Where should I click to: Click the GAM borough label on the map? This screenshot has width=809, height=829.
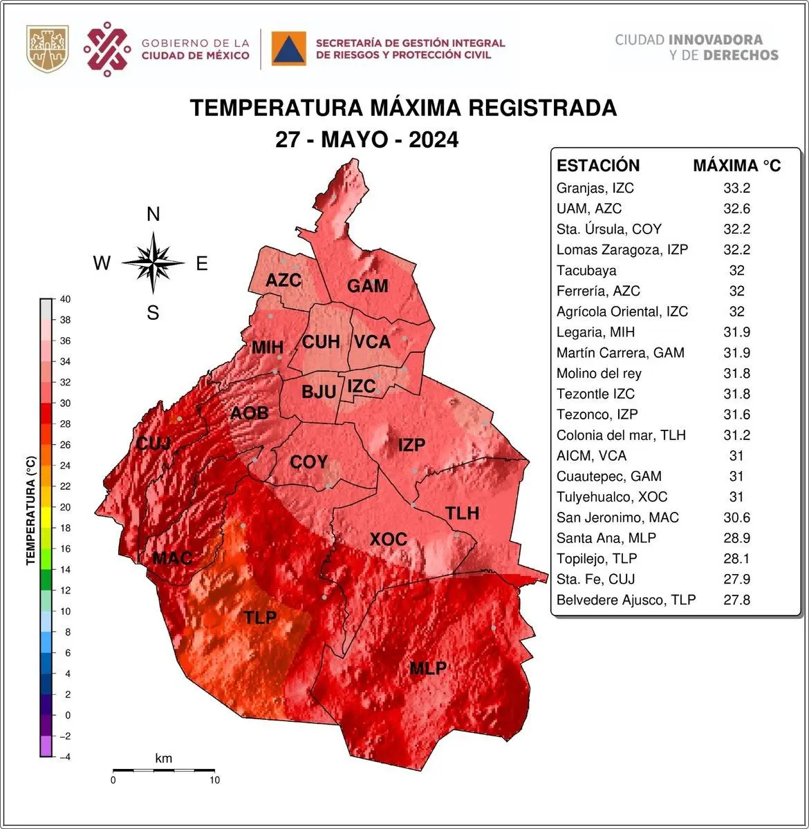(367, 286)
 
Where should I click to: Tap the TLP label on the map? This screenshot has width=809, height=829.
(260, 618)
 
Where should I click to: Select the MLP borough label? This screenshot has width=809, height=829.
(427, 668)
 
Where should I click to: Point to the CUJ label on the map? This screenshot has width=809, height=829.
(153, 443)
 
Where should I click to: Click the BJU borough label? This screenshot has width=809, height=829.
(319, 392)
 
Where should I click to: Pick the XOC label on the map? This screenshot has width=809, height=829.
(388, 539)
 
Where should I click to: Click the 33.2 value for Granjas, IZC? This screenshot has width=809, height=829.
(736, 188)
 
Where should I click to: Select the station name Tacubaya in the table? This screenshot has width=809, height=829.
(586, 270)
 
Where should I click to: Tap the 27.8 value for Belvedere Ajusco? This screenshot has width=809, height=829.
(736, 600)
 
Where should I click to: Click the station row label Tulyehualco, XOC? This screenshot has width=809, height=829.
(612, 497)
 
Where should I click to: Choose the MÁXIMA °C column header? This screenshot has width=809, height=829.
(736, 166)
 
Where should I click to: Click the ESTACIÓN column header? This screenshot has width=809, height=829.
(598, 166)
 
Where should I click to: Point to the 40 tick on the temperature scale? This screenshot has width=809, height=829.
(66, 299)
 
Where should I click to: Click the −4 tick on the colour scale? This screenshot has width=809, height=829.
(64, 756)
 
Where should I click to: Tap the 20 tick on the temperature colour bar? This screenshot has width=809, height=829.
(65, 507)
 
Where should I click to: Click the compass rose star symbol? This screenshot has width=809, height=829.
(154, 263)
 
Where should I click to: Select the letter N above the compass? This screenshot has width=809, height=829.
(154, 215)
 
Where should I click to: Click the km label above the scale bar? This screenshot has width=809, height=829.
(163, 759)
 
